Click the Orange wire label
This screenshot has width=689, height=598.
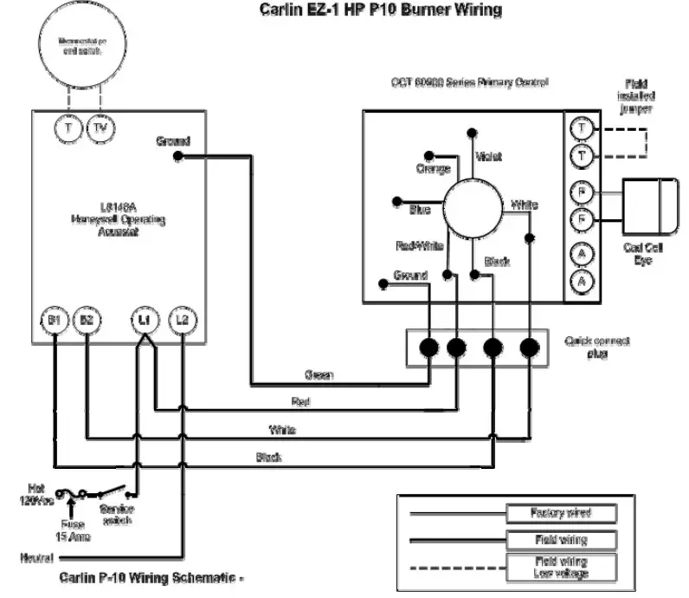434,168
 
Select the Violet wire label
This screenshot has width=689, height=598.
488,157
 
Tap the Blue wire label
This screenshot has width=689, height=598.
420,209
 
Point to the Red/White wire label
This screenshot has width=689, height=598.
420,246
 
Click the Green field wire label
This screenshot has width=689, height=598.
319,375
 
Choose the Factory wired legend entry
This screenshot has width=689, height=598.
560,513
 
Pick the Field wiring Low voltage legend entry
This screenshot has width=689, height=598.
560,568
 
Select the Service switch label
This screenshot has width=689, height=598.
117,515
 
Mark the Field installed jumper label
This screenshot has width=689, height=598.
635,96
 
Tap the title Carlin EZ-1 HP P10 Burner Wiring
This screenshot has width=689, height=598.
381,11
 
